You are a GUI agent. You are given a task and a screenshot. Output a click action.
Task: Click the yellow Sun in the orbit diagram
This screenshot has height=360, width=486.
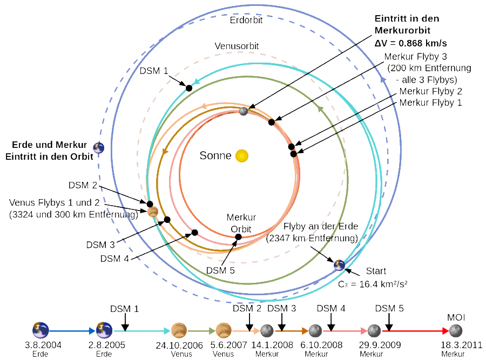tap(241, 156)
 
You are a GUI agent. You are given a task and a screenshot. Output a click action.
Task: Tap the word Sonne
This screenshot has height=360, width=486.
tap(216, 156)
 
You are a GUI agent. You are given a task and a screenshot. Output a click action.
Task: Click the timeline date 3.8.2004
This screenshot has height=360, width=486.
tap(40, 344)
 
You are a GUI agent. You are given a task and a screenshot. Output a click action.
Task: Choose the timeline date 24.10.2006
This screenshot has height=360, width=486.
tap(179, 344)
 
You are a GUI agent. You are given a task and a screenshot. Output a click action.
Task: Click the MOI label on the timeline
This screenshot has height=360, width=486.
tap(456, 317)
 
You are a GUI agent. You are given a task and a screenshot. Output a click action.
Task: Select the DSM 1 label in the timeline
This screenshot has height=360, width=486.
tap(125, 309)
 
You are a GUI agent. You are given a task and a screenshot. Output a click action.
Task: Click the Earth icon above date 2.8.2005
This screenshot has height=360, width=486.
tap(104, 330)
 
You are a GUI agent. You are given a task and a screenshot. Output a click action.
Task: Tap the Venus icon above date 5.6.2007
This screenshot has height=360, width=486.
tap(223, 330)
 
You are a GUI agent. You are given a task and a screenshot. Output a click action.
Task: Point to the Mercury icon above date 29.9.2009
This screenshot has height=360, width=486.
tap(374, 330)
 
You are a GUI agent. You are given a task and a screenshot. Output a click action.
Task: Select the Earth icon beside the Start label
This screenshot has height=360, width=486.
tap(339, 264)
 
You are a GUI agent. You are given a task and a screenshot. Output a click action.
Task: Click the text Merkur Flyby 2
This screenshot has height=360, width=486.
tap(430, 91)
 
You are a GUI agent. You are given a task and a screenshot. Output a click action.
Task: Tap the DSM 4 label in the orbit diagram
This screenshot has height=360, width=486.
tap(114, 258)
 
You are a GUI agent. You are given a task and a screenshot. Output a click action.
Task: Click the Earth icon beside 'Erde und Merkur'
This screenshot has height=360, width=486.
tap(98, 147)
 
